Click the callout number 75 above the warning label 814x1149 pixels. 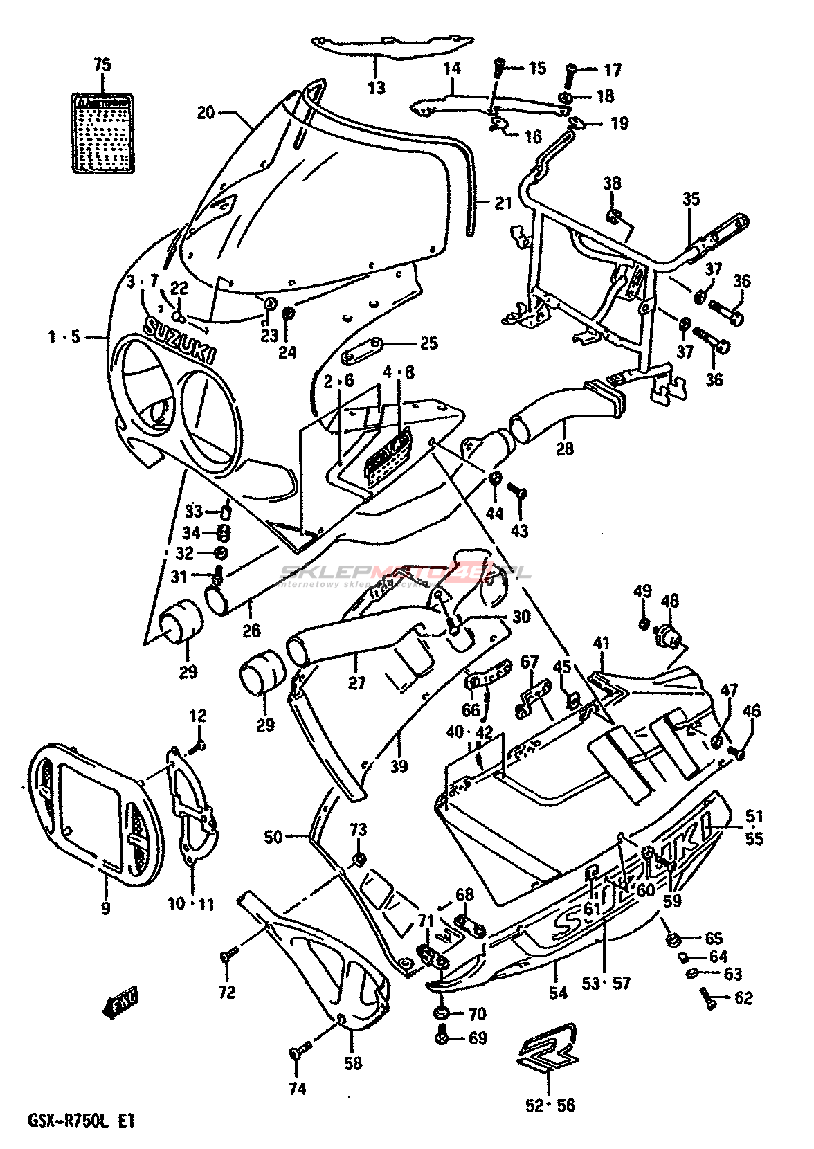[102, 66]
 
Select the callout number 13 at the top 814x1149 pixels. [376, 88]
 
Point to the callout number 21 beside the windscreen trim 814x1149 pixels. [503, 203]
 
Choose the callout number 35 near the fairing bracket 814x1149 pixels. [691, 199]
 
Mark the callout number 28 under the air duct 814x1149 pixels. [565, 448]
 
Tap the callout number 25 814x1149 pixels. [429, 343]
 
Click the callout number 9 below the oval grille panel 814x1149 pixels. [105, 908]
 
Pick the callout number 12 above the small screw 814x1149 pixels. [198, 716]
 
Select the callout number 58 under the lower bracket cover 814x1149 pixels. [353, 1062]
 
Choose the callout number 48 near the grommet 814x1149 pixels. [670, 601]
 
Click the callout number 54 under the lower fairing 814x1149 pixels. [558, 993]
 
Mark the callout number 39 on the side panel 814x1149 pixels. [399, 766]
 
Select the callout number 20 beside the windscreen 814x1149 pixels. [206, 111]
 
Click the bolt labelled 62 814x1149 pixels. [708, 998]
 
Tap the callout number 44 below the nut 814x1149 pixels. [495, 513]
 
